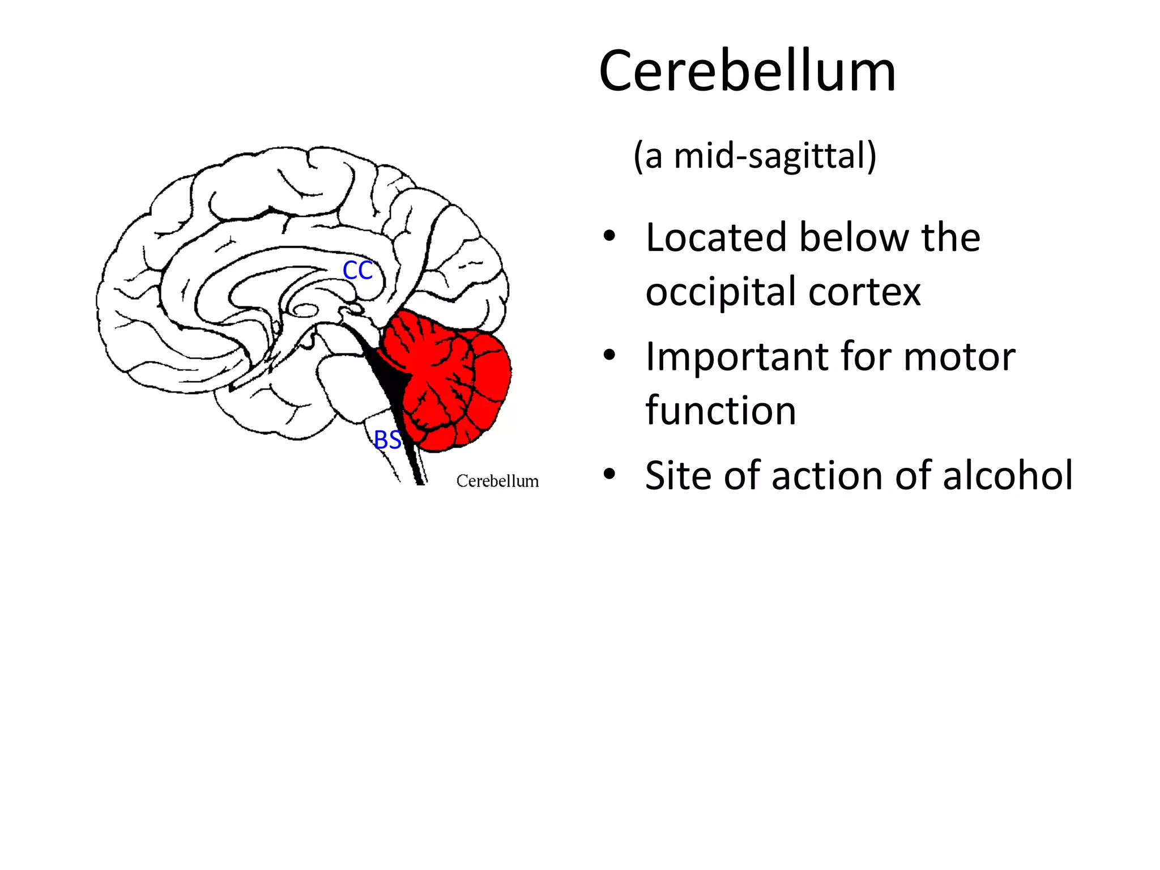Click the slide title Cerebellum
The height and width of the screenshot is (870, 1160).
(747, 71)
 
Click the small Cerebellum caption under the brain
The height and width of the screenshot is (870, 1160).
(497, 481)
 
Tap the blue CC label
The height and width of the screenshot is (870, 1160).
(357, 271)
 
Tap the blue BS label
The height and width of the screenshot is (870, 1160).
(388, 440)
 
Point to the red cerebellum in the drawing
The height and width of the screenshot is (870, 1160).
(453, 379)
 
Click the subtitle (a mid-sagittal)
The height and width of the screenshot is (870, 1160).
(754, 156)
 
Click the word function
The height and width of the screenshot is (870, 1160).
(720, 410)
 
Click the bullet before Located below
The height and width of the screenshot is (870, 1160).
(609, 236)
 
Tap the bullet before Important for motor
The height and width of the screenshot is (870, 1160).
(609, 356)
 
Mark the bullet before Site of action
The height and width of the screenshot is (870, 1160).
(609, 474)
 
